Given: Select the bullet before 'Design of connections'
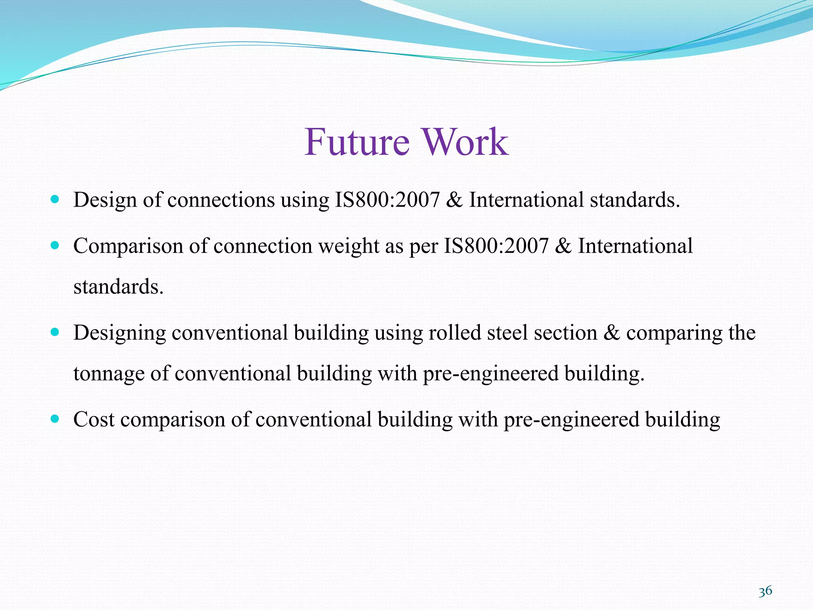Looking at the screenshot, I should tap(55, 199).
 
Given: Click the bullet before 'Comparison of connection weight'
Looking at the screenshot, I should tap(55, 245).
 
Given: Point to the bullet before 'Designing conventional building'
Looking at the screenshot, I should tap(55, 332).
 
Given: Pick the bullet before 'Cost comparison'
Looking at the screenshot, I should tap(55, 419).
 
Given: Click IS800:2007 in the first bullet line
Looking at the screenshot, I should tap(387, 200).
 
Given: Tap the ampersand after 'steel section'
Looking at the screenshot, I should tap(611, 333).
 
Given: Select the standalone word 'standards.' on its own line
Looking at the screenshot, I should tap(118, 287).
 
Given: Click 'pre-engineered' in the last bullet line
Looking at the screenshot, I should tap(571, 420).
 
